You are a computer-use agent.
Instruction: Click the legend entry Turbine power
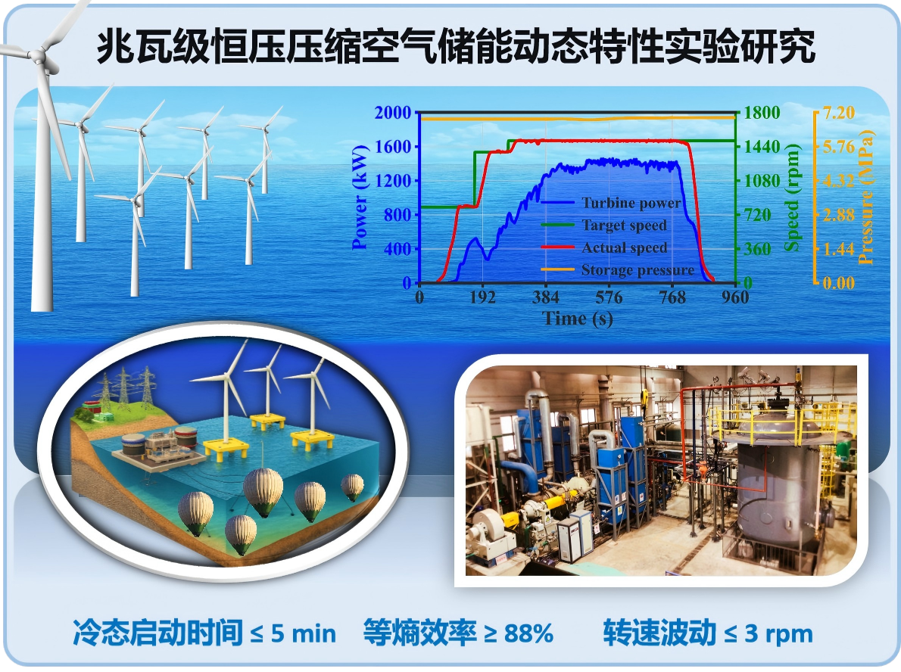point(631,203)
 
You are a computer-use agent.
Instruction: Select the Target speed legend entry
point(624,225)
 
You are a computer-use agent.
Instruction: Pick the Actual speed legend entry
point(624,247)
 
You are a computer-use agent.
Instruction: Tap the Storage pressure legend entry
point(637,270)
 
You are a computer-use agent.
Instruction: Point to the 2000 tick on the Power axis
point(392,113)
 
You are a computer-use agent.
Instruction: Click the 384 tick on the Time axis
point(545,297)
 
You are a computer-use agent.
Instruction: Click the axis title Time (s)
point(577,319)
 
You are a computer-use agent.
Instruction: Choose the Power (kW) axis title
point(360,198)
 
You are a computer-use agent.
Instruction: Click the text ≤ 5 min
point(293,633)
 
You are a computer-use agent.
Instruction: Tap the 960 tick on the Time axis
point(734,297)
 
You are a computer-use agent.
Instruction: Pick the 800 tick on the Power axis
point(397,215)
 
